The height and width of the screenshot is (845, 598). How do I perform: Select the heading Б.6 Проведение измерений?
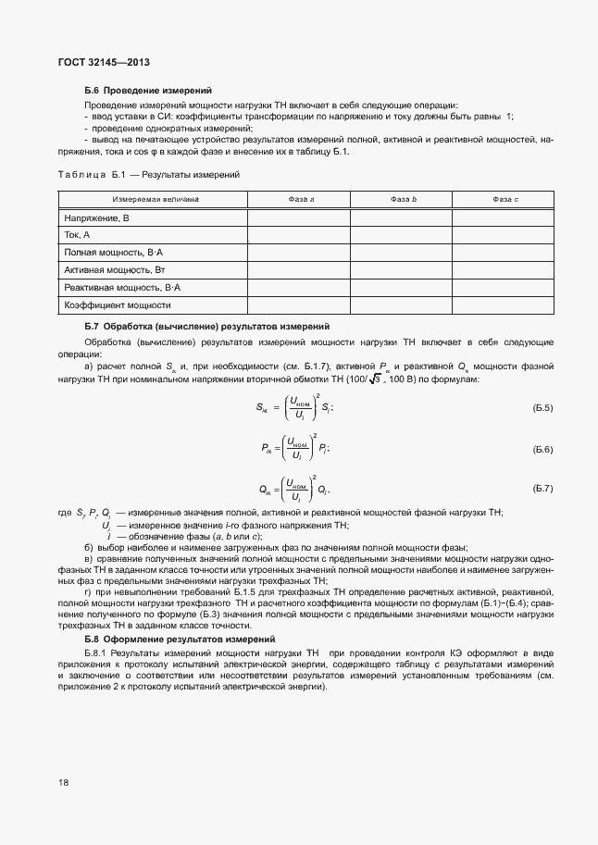click(x=148, y=91)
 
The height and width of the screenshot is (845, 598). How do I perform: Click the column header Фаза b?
click(x=403, y=200)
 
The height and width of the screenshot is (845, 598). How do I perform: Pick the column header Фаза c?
click(x=505, y=200)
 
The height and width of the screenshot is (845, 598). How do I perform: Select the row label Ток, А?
click(x=77, y=235)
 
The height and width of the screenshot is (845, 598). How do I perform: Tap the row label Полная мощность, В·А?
click(x=113, y=253)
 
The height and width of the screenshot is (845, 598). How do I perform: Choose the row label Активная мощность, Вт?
click(x=114, y=270)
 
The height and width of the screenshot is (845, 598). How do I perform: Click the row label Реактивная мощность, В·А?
click(x=121, y=288)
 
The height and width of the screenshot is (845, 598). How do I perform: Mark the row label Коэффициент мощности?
click(x=118, y=305)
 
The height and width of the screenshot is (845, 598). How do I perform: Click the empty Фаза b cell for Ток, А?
click(x=403, y=235)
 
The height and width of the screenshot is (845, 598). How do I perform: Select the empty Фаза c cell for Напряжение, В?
click(x=505, y=217)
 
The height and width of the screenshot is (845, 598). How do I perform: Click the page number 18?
click(x=63, y=782)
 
